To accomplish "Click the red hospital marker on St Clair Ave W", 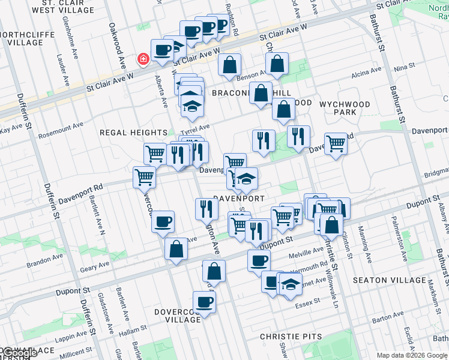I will point(143,59).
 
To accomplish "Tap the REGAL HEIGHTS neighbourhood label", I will point(133,133).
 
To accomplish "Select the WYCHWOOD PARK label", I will point(345,108).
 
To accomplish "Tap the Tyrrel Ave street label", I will point(196,127).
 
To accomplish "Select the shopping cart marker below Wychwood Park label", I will point(336,143).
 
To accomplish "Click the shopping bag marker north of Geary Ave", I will point(176,249).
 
